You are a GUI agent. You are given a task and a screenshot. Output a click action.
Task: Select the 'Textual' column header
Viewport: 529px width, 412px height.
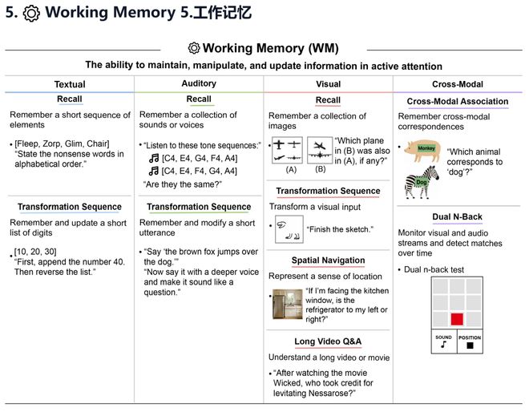[70, 84]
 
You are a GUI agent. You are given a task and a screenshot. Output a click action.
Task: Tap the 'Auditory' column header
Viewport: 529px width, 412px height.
[199, 83]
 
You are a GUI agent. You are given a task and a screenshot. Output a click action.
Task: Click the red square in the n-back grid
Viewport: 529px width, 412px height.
[457, 319]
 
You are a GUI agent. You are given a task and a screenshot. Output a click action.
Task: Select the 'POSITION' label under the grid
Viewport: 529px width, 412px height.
[469, 337]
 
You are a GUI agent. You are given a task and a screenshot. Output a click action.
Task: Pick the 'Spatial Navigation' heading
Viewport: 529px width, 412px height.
[327, 261]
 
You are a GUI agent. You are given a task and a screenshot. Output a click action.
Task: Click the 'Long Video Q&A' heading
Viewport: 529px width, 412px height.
[327, 342]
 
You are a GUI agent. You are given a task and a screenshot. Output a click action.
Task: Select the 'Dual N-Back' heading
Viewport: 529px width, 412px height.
[457, 217]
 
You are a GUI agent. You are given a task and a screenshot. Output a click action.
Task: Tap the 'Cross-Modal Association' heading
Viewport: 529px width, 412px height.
[457, 102]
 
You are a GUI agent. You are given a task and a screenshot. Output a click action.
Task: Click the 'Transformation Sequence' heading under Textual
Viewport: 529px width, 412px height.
[70, 207]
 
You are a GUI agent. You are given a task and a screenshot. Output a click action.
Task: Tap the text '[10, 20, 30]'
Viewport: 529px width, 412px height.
[35, 251]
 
